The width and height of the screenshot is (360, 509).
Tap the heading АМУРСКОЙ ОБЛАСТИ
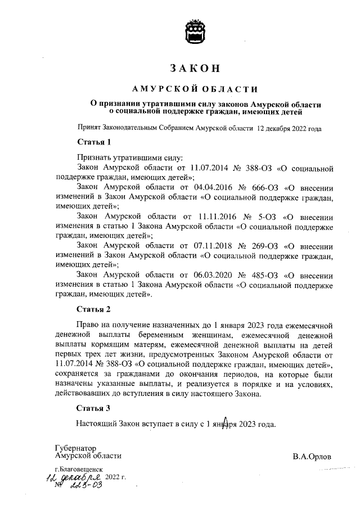(x=195, y=89)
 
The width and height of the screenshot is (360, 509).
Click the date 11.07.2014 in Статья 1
(x=210, y=168)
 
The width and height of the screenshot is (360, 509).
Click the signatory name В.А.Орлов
(x=312, y=456)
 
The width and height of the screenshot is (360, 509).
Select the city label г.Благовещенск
(x=79, y=468)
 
